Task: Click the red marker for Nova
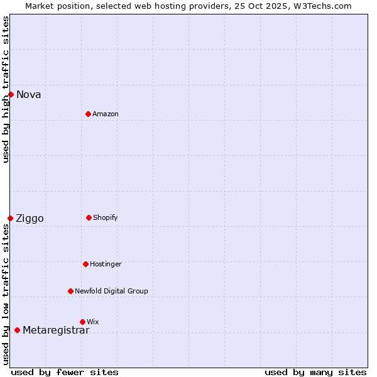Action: click(11, 94)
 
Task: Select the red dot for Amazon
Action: click(88, 114)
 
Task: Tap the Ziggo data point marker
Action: click(10, 218)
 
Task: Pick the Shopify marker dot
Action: click(89, 217)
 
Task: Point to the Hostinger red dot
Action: click(85, 264)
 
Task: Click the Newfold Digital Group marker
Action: click(70, 291)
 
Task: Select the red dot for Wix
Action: click(82, 322)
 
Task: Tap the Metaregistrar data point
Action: click(17, 330)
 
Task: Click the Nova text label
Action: click(29, 95)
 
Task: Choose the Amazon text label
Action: click(106, 114)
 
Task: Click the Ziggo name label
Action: click(30, 219)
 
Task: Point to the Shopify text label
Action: click(106, 218)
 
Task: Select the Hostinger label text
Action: click(106, 265)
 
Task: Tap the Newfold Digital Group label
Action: click(111, 292)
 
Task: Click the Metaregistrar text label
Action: click(56, 331)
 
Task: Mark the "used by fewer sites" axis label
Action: click(65, 372)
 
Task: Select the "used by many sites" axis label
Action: click(315, 372)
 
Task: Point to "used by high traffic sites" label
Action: click(6, 89)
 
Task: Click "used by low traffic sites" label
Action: click(6, 293)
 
